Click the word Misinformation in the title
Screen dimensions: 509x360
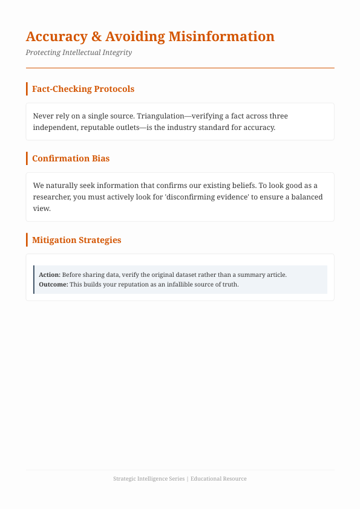(x=221, y=36)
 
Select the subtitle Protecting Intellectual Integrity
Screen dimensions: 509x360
(x=79, y=53)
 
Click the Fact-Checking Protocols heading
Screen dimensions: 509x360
(x=83, y=89)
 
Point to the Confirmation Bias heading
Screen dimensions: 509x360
(x=70, y=158)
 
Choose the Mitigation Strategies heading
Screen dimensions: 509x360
(x=76, y=240)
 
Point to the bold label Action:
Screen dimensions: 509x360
(x=50, y=274)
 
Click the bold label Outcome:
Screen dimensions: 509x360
(x=53, y=284)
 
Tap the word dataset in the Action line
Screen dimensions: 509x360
(x=186, y=274)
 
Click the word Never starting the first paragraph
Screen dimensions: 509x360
(x=43, y=116)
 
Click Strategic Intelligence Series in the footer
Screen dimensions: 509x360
(x=149, y=479)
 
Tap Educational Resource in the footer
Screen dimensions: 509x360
(x=218, y=479)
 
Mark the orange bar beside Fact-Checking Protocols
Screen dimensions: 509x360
(x=27, y=89)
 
